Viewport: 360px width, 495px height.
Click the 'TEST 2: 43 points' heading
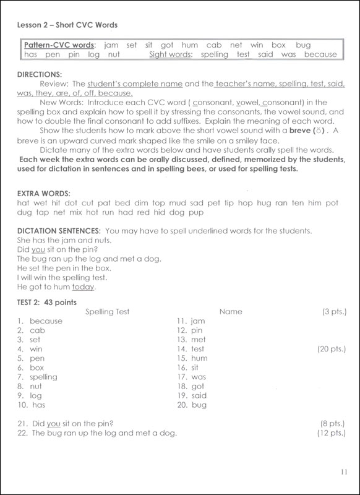[x=48, y=301]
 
